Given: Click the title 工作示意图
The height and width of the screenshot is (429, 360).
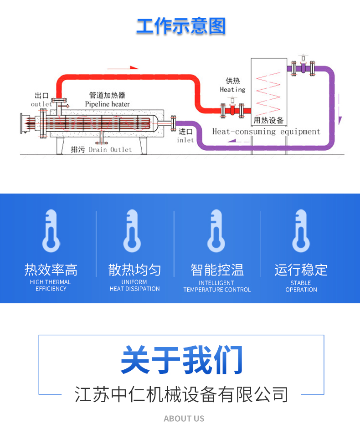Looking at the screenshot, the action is pos(181,26).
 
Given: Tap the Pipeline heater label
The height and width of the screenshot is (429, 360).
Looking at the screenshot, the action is pos(107,104).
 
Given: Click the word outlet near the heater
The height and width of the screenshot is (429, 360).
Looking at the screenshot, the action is pos(41,104).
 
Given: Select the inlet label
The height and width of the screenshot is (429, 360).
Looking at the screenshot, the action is pos(185,140).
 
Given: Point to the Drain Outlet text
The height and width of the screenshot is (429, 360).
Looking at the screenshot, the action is pos(110,150).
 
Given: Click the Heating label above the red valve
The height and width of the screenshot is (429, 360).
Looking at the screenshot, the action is pos(233,89).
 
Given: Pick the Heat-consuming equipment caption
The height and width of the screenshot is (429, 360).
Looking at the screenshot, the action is pos(266,132).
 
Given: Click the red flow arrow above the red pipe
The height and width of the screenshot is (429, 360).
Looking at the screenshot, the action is pos(123,67).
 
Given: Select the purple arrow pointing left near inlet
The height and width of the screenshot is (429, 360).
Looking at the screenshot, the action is pos(239,141).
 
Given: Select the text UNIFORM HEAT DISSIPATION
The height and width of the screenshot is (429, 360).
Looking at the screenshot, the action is pos(134,286).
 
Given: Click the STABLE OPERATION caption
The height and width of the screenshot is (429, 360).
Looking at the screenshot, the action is pos(301,286).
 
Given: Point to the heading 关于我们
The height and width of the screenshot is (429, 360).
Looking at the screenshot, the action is pos(182,359).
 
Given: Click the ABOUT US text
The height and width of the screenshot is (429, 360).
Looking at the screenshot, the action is pos(184,419).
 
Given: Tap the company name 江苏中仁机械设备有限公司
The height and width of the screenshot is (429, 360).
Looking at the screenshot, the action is pos(181,394).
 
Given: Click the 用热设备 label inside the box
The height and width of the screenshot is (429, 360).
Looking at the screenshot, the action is pos(268,120).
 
